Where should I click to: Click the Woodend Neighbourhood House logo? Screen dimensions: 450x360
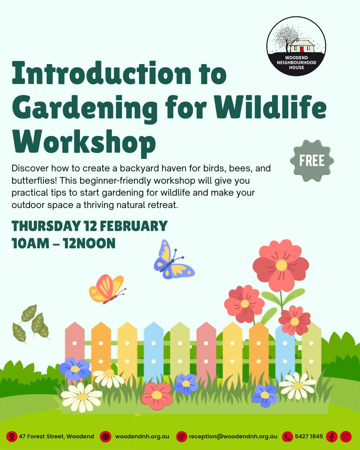click(x=296, y=46)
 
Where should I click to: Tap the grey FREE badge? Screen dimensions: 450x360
click(x=312, y=161)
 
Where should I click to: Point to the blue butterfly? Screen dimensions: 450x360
click(x=172, y=262)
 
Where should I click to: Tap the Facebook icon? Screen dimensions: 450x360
click(x=331, y=436)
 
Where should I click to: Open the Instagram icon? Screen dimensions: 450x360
click(x=346, y=436)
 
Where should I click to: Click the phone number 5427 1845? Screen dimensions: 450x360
click(x=309, y=436)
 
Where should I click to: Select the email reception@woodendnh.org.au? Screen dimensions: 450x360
click(x=233, y=436)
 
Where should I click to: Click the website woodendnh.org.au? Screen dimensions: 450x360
click(x=142, y=436)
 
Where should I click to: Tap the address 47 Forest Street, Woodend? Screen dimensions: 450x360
click(x=56, y=436)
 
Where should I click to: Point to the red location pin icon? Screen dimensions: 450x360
click(x=12, y=436)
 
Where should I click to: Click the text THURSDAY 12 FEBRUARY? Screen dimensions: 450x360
click(x=89, y=226)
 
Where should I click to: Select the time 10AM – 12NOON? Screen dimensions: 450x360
click(x=63, y=243)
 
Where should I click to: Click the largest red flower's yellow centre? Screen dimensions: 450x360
click(x=281, y=265)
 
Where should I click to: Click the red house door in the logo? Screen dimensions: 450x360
click(x=301, y=49)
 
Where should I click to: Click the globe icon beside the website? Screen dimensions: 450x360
click(x=105, y=436)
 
